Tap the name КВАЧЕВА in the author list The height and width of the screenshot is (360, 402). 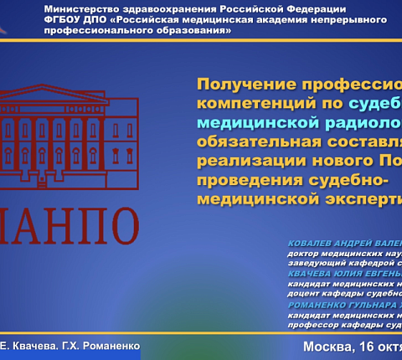312,272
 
